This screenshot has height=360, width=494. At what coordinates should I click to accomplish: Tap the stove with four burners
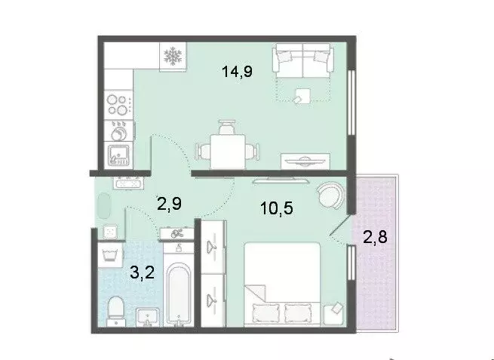coord(116,100)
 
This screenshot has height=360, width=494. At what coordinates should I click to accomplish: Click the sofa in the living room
coord(302,58)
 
